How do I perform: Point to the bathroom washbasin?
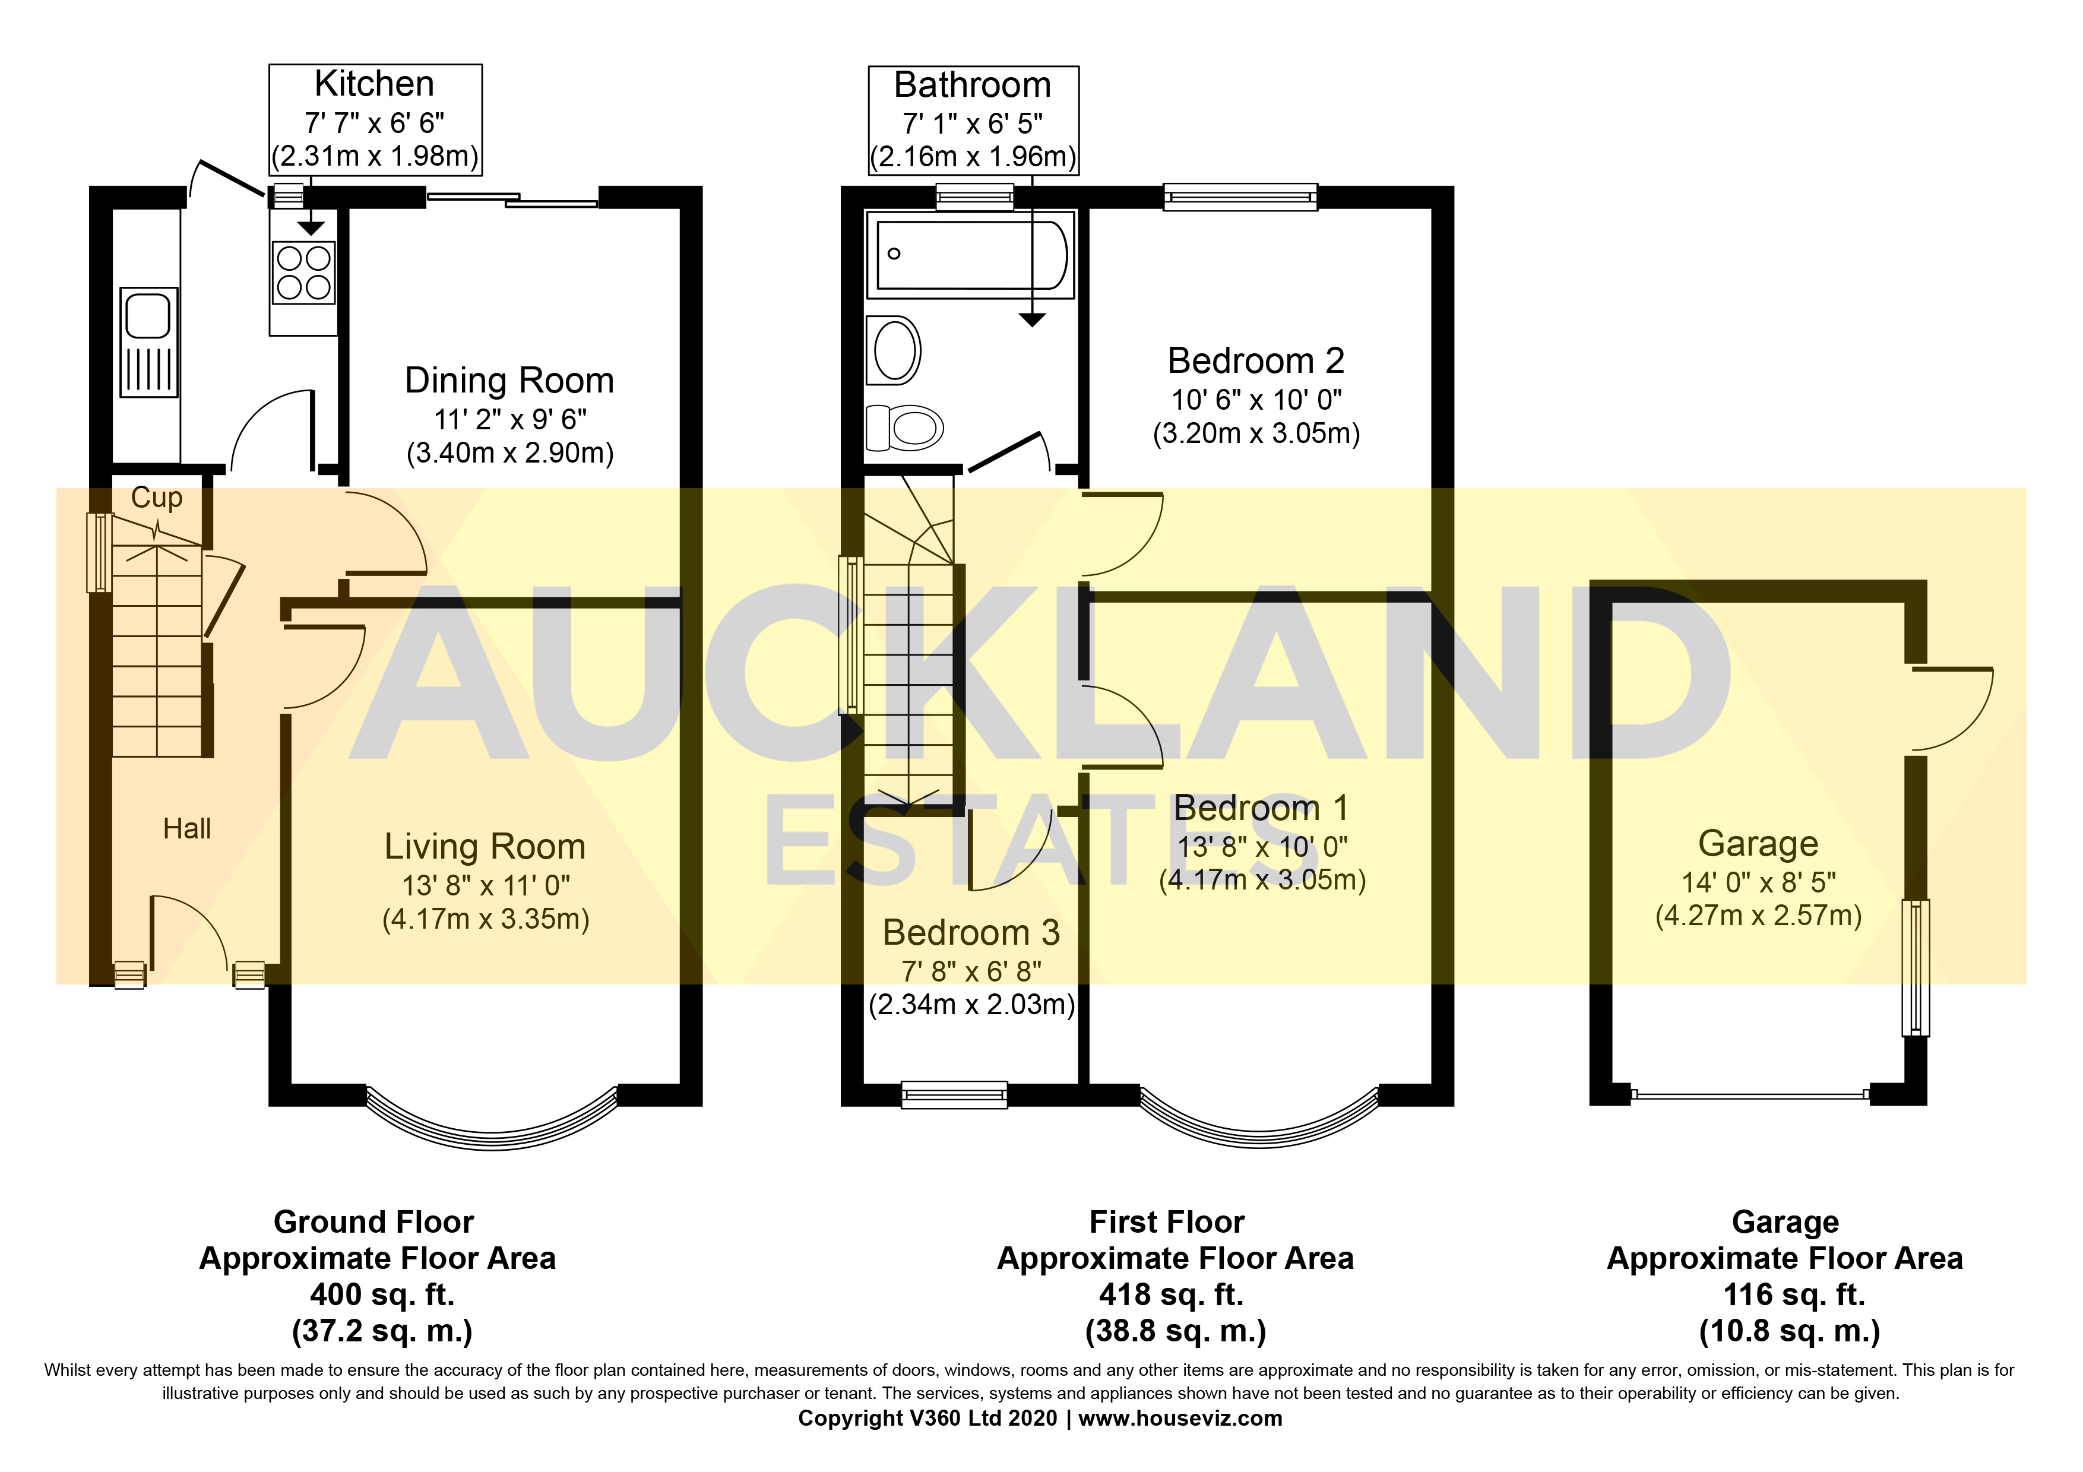(x=894, y=350)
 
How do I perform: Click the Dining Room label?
(x=509, y=381)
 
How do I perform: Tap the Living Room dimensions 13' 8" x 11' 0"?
(x=485, y=884)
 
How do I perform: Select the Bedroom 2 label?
(x=1256, y=361)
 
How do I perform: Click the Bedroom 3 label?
(x=971, y=932)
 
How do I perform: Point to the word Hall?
(x=187, y=828)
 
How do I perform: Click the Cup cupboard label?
(x=156, y=497)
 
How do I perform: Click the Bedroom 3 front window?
(x=954, y=1095)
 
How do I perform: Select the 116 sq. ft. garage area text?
(x=1794, y=1294)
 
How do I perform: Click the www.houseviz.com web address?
(x=1179, y=1419)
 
